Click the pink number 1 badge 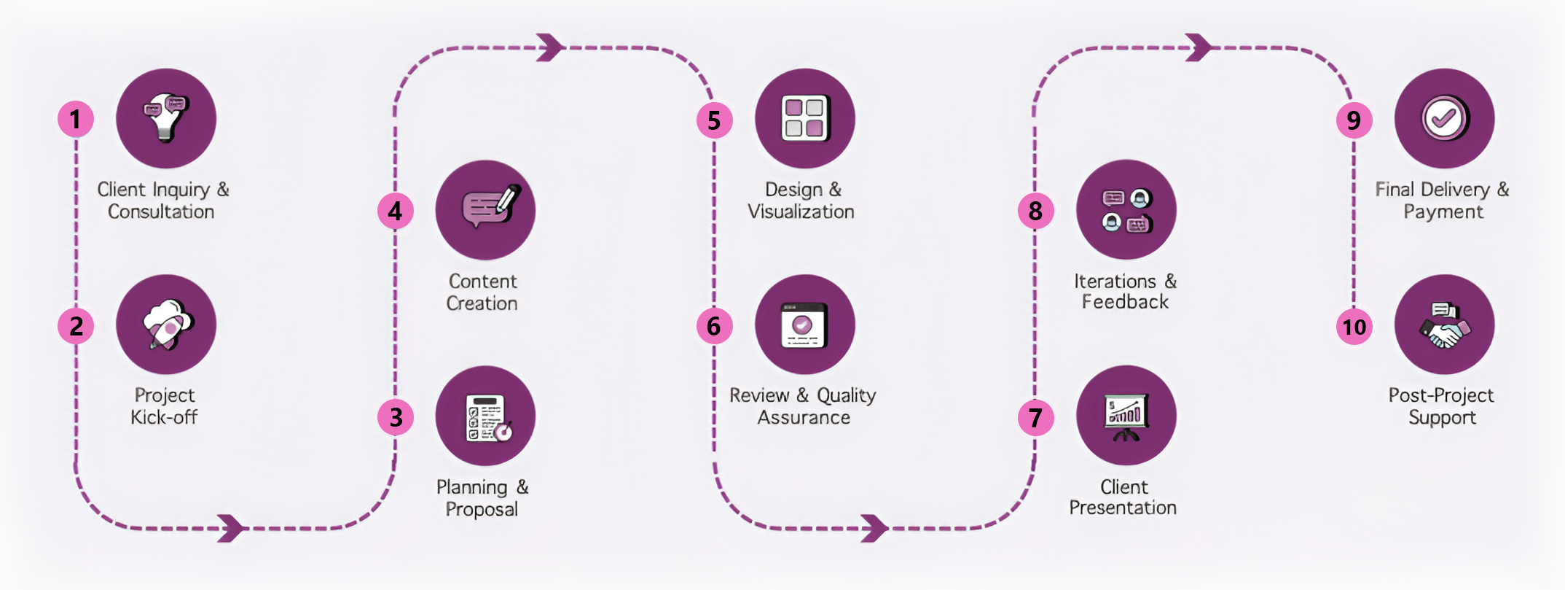(76, 120)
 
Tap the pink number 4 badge (395, 211)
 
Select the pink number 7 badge (1035, 418)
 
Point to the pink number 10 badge (1354, 326)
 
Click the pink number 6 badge (714, 326)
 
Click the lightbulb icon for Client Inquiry (166, 117)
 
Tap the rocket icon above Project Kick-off (166, 325)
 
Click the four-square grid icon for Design (805, 118)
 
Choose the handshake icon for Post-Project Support (1444, 325)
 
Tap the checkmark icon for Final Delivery (1444, 118)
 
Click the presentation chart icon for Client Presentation (1126, 416)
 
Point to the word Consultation (161, 211)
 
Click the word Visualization (801, 211)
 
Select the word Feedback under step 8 (1125, 302)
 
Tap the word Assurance (804, 417)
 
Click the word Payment (1443, 211)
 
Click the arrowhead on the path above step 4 (551, 48)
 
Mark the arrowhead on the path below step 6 (874, 528)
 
